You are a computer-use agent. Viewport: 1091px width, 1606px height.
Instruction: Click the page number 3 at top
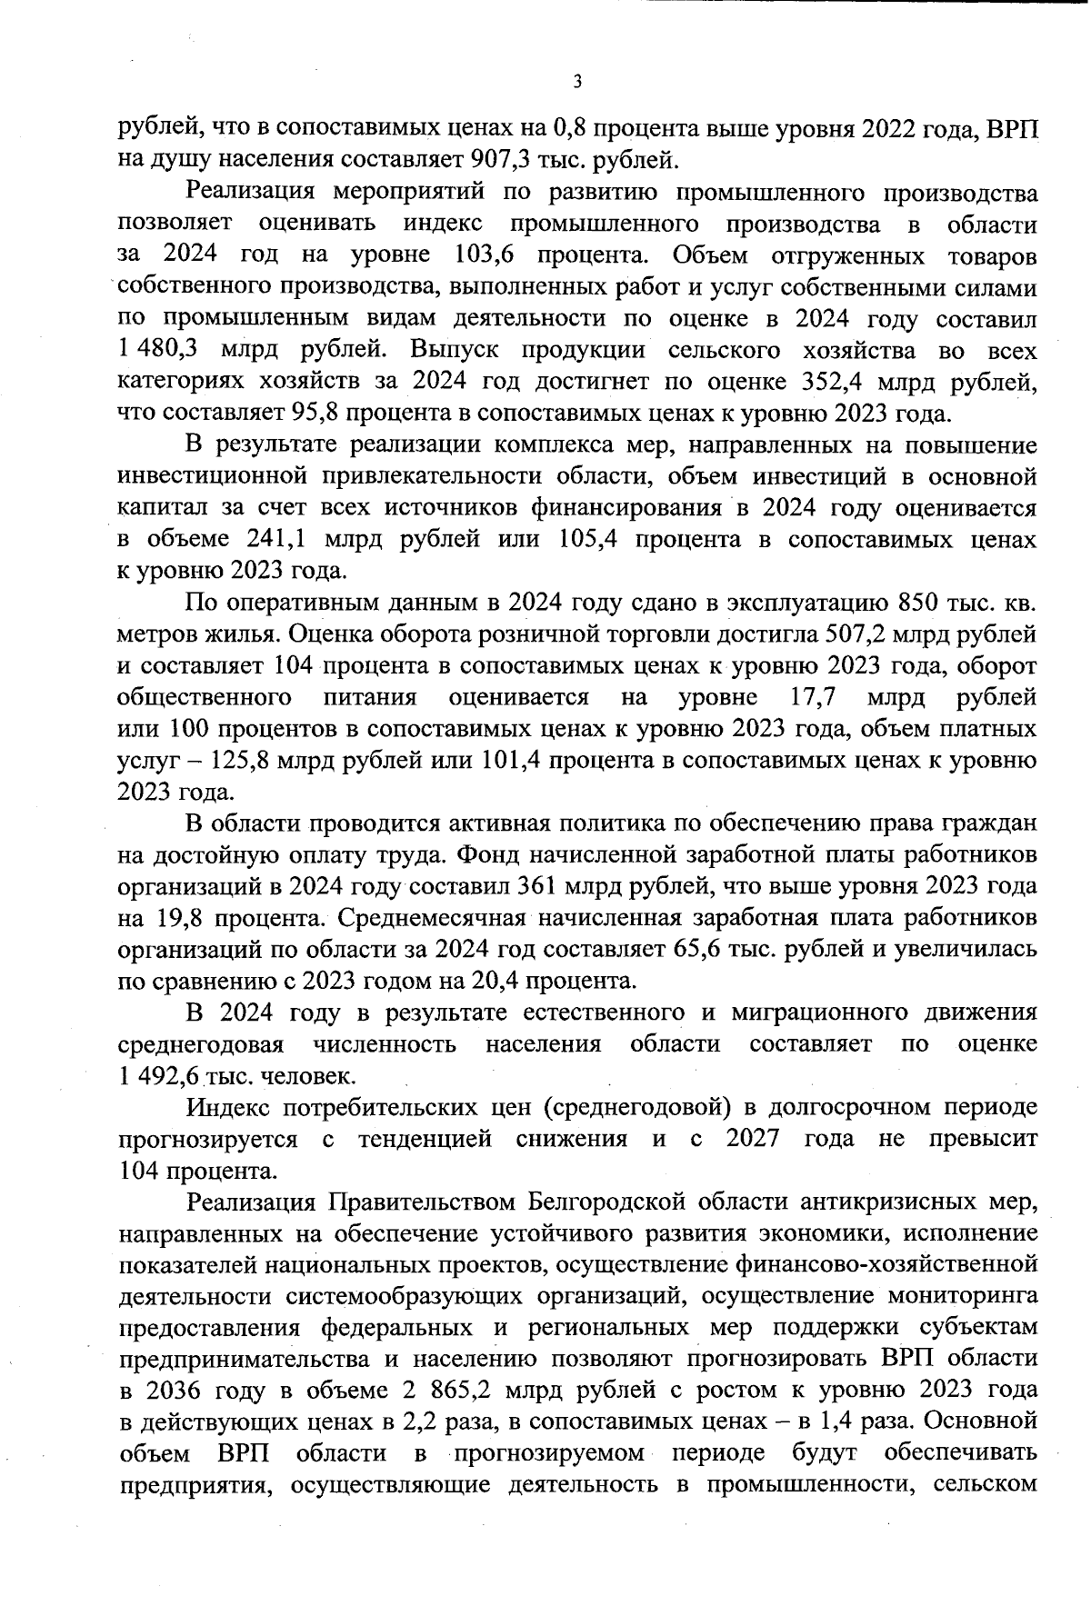[x=576, y=82]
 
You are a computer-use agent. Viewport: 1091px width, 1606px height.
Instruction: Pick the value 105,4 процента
[x=581, y=539]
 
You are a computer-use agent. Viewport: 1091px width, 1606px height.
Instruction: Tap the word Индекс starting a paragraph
[x=231, y=1107]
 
